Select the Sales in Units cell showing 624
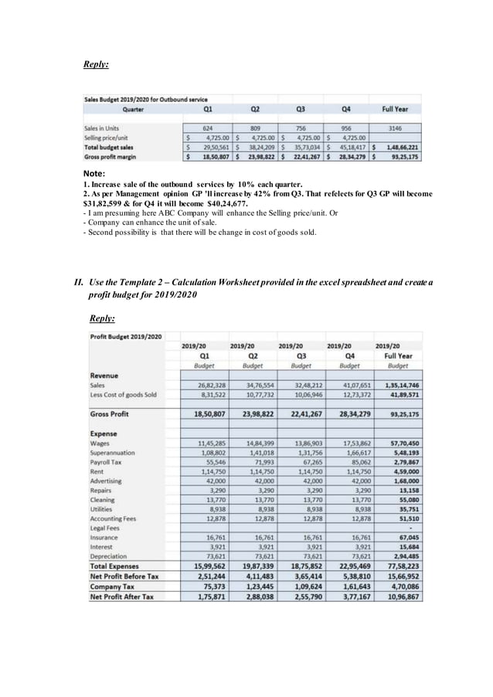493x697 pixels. (208, 127)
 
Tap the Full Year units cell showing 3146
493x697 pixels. (395, 127)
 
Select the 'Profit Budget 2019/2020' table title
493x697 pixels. (127, 337)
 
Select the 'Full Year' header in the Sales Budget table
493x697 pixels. (395, 110)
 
